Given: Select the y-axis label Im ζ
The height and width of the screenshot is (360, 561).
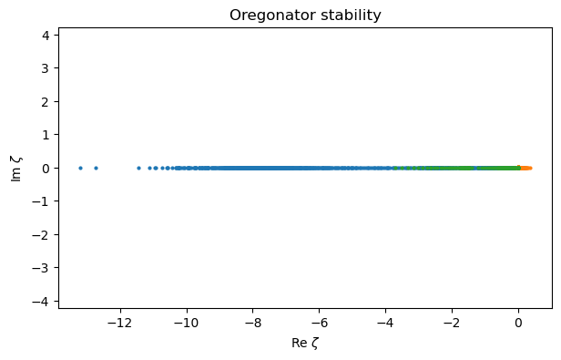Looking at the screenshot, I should tap(15, 168).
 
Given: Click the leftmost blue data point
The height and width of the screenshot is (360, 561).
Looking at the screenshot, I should tap(80, 168).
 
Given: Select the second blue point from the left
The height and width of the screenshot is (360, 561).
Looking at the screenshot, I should tap(96, 168).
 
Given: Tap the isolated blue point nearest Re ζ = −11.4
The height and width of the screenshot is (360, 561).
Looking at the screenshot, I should tap(138, 168).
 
